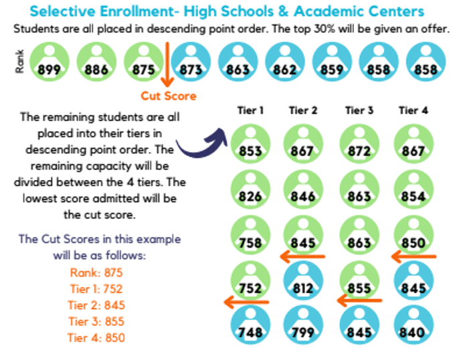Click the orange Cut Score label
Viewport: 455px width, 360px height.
(168, 96)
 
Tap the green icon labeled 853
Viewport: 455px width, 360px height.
(250, 144)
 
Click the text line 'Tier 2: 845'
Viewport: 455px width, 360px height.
(97, 304)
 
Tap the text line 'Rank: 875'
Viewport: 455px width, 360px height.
(97, 272)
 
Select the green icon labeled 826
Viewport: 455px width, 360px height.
(250, 190)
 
